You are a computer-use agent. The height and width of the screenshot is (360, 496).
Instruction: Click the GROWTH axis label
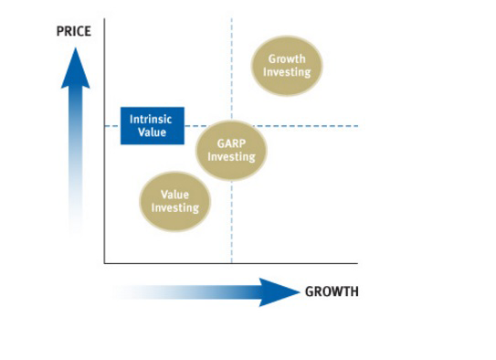[332, 292]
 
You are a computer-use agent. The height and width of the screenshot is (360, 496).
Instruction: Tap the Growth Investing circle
[288, 65]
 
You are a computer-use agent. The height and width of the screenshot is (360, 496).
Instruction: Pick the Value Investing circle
[174, 201]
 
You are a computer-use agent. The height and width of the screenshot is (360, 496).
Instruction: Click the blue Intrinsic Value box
[153, 126]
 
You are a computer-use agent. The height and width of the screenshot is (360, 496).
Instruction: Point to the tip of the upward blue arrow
[76, 47]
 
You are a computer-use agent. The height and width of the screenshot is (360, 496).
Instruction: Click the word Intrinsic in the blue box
[152, 119]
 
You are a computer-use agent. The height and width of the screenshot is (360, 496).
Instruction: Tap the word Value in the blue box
[152, 132]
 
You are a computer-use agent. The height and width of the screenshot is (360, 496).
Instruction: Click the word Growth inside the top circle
[288, 58]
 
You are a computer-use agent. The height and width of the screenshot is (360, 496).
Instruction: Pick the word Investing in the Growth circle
[288, 71]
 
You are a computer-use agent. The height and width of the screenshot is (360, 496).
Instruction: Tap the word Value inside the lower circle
[174, 195]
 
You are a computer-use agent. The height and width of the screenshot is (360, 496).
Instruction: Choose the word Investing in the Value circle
[174, 207]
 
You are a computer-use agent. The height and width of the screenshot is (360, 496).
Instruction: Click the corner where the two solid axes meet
[104, 263]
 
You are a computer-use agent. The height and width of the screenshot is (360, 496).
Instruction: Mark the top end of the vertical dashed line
[232, 18]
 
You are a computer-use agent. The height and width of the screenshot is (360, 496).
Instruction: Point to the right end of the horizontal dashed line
[357, 126]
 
